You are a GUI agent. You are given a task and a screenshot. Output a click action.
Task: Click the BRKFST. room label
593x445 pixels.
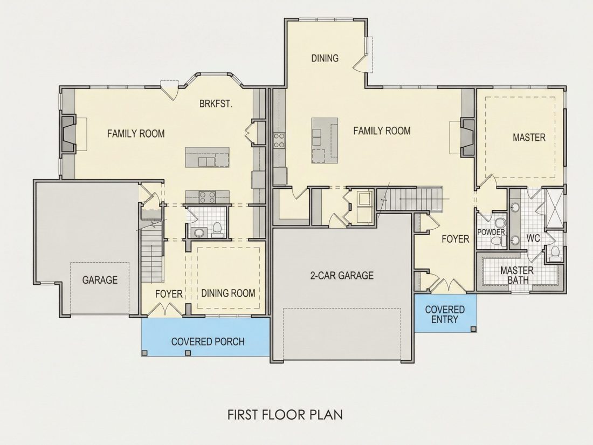216,104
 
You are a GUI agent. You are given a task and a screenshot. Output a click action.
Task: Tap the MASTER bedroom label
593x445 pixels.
529,138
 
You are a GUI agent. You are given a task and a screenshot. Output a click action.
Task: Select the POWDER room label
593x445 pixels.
491,232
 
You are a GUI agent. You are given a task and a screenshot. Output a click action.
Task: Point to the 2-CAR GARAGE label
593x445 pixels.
342,275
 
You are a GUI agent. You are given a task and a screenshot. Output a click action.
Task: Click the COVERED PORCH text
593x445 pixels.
208,341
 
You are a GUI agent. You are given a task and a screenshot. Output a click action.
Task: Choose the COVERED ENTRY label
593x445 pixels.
445,314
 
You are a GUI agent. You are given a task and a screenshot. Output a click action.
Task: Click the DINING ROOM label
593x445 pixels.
228,293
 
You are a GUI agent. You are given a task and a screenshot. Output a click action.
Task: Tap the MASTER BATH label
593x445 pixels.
517,275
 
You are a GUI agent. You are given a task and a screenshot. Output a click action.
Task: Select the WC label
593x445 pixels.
533,238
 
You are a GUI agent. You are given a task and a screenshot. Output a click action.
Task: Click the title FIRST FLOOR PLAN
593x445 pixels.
285,414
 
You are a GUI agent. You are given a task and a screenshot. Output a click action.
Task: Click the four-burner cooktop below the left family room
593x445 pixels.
207,197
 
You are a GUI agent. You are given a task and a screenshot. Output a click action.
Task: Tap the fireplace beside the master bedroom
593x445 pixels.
467,138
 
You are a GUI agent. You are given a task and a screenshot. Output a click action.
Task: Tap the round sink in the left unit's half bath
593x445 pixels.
197,232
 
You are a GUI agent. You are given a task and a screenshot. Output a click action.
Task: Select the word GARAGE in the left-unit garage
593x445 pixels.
100,280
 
